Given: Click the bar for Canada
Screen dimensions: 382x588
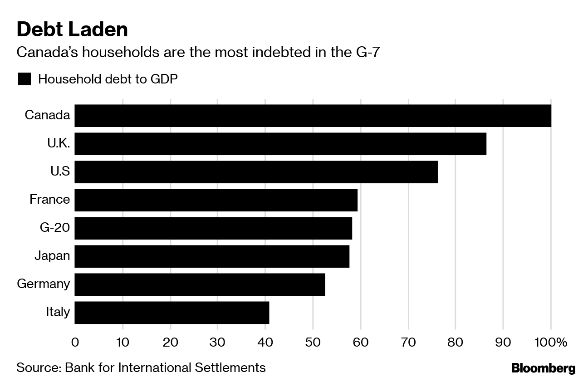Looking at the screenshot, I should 313,116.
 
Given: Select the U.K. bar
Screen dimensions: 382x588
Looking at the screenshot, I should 280,144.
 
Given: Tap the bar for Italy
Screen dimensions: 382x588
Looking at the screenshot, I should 171,313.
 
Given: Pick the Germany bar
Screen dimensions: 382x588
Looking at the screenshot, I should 200,284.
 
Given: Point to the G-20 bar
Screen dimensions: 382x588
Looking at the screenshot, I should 213,228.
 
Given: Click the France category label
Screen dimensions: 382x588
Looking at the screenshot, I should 50,199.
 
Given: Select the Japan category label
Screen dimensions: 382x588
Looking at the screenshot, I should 52,255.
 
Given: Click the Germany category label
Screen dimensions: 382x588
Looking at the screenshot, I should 44,284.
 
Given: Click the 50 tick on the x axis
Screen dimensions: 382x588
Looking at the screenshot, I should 313,342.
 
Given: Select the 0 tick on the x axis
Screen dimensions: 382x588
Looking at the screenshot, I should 75,342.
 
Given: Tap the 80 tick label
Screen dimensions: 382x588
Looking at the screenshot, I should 456,342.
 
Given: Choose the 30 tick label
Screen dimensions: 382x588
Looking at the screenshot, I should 218,342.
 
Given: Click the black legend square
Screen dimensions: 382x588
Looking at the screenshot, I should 24,79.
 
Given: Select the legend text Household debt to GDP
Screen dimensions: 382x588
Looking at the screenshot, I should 108,79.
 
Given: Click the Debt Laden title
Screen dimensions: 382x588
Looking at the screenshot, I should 72,29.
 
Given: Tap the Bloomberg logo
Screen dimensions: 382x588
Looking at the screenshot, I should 543,368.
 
